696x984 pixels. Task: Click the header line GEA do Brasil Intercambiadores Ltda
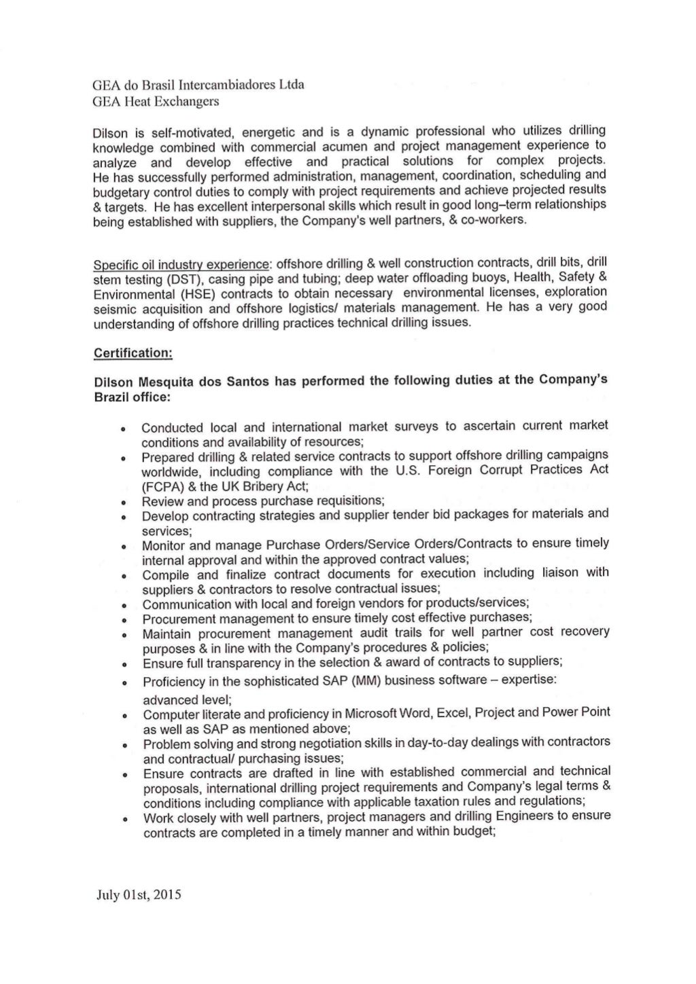[x=198, y=85]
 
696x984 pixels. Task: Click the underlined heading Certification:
[x=133, y=353]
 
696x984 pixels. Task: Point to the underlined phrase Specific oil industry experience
[x=181, y=264]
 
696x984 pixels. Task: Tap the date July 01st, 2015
[x=139, y=894]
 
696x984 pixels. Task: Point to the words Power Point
[x=576, y=712]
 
